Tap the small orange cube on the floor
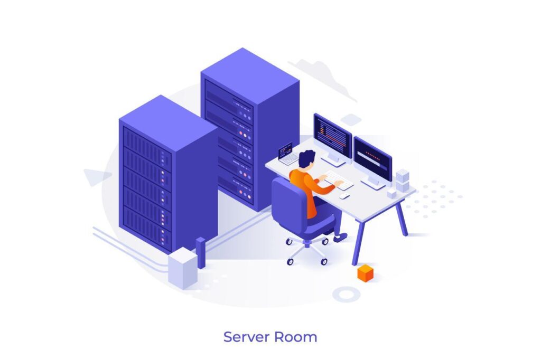366,273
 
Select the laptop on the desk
287,154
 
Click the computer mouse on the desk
344,196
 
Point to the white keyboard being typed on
338,180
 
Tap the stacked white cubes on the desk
402,181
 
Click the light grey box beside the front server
183,268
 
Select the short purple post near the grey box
200,253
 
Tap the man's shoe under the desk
340,237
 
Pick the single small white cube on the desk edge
391,194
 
